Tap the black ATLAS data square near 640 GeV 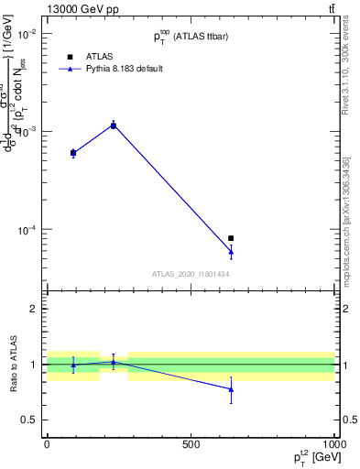pyautogui.click(x=231, y=238)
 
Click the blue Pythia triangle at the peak pyautogui.click(x=114, y=125)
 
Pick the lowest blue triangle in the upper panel pyautogui.click(x=231, y=251)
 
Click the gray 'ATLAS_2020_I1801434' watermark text pyautogui.click(x=191, y=274)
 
